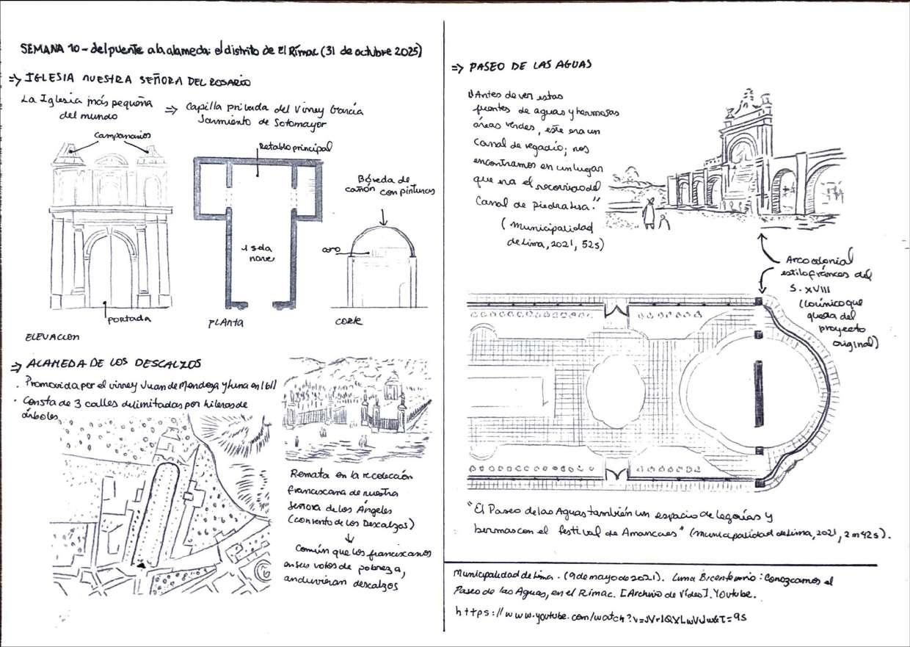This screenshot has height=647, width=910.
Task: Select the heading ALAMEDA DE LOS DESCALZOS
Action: coord(114,364)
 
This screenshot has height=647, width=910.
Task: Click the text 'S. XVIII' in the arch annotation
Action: coord(810,289)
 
